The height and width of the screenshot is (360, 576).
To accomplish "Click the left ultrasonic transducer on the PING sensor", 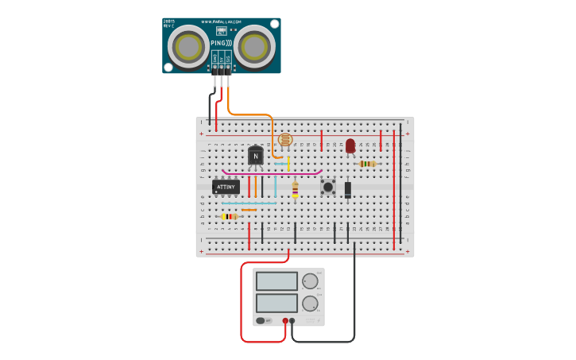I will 189,47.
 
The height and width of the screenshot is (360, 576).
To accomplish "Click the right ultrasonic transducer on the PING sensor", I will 254,47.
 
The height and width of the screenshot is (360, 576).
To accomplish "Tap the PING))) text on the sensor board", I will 222,43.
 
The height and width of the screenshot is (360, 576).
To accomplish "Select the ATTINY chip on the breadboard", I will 226,187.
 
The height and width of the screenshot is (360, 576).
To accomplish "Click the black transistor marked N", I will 255,156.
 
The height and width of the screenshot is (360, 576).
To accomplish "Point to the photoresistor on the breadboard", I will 285,140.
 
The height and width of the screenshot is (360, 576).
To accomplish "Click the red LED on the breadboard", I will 350,145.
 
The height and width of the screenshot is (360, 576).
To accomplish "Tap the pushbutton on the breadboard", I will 327,187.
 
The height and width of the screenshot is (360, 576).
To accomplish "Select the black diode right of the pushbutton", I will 348,189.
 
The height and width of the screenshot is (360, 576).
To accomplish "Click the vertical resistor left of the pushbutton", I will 295,189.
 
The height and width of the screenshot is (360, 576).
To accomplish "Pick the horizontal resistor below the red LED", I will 367,164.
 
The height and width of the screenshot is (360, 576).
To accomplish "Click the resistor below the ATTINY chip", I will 230,216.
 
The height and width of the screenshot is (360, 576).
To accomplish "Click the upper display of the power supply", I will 276,281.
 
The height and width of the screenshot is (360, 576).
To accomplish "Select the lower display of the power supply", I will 276,303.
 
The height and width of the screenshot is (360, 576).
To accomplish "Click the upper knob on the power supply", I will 310,281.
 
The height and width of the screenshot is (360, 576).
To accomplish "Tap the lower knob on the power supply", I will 310,303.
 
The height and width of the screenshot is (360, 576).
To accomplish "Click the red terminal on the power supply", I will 285,321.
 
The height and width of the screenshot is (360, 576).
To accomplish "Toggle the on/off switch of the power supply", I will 261,321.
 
